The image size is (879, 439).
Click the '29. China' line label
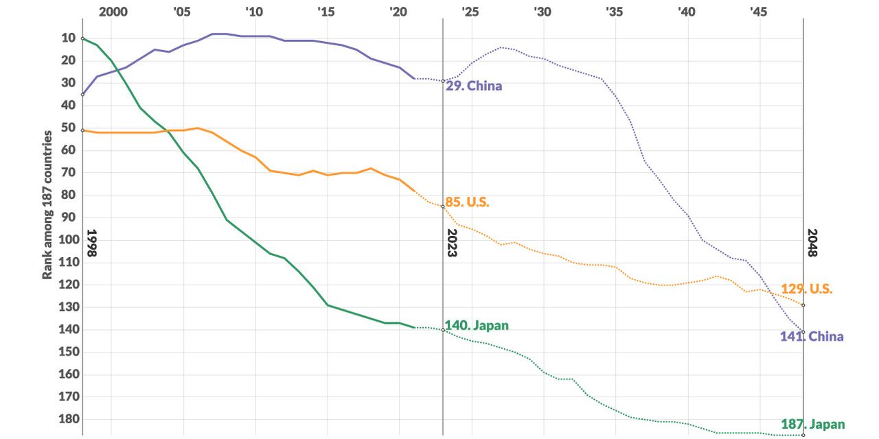(474, 86)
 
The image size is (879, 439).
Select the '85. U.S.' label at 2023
(467, 202)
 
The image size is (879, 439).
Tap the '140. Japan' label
(477, 325)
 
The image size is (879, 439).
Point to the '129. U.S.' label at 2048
(806, 289)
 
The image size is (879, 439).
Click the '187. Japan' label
(812, 424)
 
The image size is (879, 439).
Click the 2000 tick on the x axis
(113, 12)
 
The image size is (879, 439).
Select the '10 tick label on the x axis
(253, 12)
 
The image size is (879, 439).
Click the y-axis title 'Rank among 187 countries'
(48, 204)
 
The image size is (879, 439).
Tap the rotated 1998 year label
(91, 243)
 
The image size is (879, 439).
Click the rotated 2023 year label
(452, 243)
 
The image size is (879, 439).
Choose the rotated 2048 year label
(812, 243)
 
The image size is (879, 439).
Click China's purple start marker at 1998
(82, 94)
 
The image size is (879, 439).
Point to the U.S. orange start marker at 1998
(82, 130)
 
